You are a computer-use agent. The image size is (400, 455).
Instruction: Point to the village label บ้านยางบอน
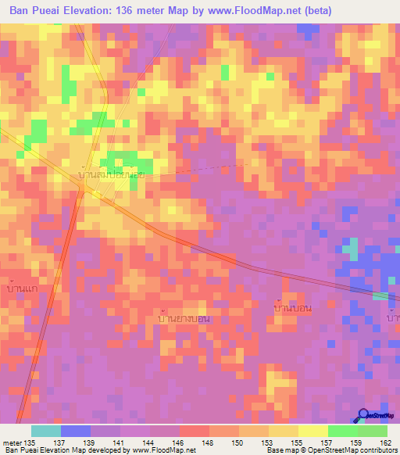pos(183,318)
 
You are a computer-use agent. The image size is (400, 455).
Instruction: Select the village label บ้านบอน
pos(293,307)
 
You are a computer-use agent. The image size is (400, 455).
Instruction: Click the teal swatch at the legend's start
pos(45,431)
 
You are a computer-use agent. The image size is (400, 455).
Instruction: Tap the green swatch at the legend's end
pos(372,431)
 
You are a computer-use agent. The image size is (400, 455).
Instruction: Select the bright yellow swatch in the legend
pos(312,431)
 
